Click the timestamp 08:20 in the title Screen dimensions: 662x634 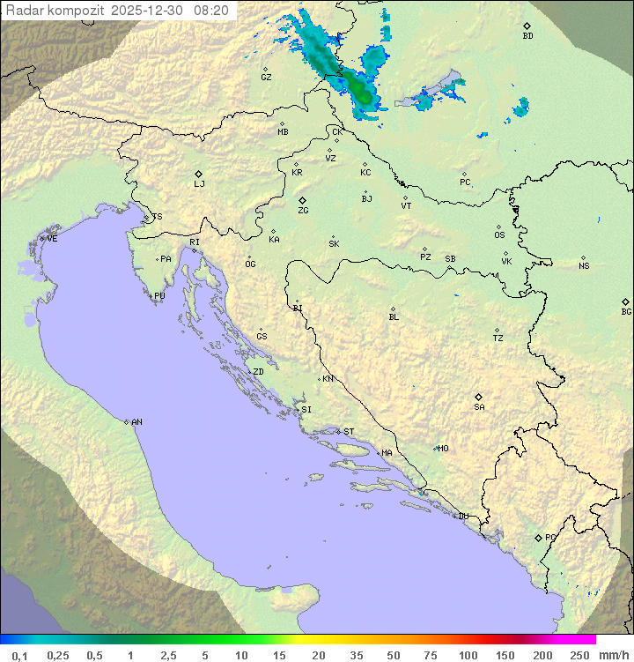coord(212,10)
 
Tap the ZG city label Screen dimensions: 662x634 coord(303,211)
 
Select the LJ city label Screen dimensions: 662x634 coord(199,184)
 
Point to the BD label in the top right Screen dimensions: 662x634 coord(527,36)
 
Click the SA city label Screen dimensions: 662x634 coord(479,407)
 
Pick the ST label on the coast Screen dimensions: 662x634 coord(349,432)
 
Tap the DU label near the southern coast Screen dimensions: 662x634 coord(462,517)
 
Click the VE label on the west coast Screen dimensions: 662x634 coord(52,239)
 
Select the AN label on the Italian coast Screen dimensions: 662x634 coord(136,422)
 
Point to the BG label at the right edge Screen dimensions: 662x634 coord(626,311)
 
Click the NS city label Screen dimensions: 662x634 coord(584,266)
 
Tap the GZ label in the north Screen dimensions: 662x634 coord(266,78)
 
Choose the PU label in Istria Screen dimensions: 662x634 coord(159,296)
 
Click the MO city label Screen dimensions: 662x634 coord(443,449)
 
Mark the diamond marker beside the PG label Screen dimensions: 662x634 coord(538,538)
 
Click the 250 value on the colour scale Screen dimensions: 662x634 coord(579,655)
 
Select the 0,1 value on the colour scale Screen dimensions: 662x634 coord(19,655)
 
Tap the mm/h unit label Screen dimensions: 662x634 coord(612,655)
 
